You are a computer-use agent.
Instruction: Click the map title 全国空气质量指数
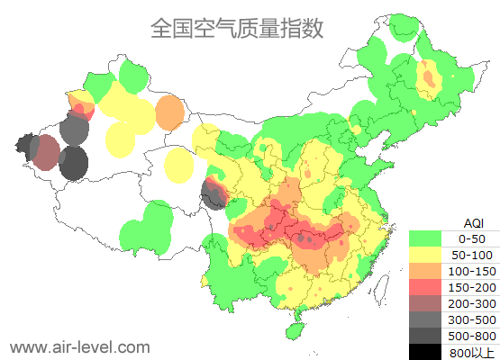237,28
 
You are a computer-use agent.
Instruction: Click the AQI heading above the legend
473,222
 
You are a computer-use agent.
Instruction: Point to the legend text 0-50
472,238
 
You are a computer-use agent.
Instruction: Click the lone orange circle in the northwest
169,112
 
